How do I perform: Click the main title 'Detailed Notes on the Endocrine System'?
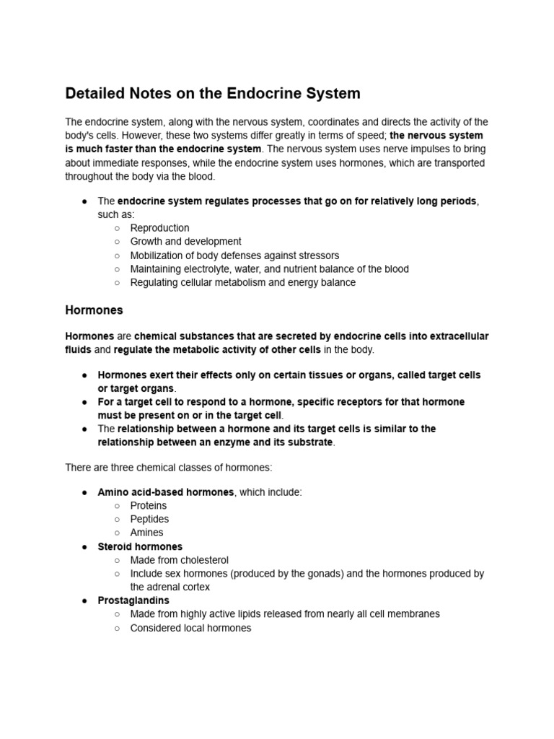pos(213,94)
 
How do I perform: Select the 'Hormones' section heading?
pos(94,310)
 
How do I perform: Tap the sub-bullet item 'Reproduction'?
pos(159,228)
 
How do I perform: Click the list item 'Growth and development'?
pos(185,242)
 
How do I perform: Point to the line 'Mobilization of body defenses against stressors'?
pos(234,255)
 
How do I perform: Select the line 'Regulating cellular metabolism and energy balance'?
pos(242,283)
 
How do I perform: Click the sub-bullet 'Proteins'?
pos(148,506)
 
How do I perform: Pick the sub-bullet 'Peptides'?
pos(149,520)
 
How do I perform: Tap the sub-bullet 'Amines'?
pos(146,533)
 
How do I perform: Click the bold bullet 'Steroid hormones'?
pos(140,547)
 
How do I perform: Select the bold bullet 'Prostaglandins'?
pos(133,600)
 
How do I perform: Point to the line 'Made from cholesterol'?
pos(179,560)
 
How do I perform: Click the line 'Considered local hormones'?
pos(190,628)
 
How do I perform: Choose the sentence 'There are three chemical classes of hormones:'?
pos(168,468)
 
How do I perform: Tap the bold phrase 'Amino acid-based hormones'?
pos(166,492)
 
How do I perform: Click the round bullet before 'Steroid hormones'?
pos(84,547)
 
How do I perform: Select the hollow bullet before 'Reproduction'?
pos(117,228)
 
